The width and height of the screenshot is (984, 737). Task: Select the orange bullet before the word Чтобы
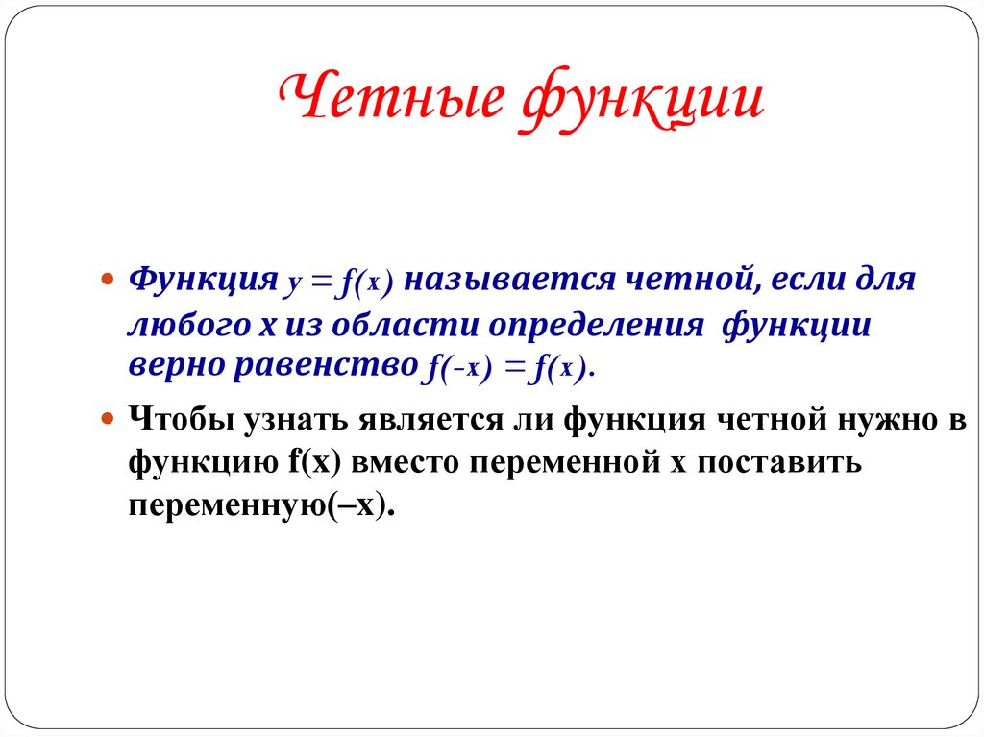[x=109, y=420]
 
